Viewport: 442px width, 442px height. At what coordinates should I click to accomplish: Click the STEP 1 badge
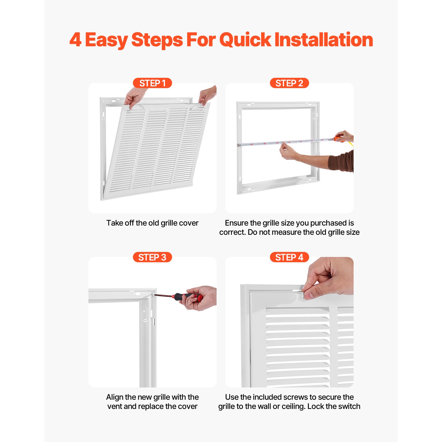click(152, 83)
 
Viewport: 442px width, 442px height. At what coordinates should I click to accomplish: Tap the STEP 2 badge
click(289, 83)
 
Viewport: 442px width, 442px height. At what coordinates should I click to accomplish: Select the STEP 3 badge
click(152, 257)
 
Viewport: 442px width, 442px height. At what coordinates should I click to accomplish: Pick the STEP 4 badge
click(289, 257)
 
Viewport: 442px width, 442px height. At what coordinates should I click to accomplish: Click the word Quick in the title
click(245, 40)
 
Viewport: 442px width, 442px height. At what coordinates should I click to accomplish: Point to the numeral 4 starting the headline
click(75, 40)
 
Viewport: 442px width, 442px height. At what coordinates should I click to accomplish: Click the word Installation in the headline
click(324, 40)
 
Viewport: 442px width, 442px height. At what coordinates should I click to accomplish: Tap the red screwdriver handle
click(189, 297)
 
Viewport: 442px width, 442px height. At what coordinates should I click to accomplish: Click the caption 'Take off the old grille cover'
click(152, 223)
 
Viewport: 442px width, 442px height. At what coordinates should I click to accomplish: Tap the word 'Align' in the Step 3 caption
click(115, 397)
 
